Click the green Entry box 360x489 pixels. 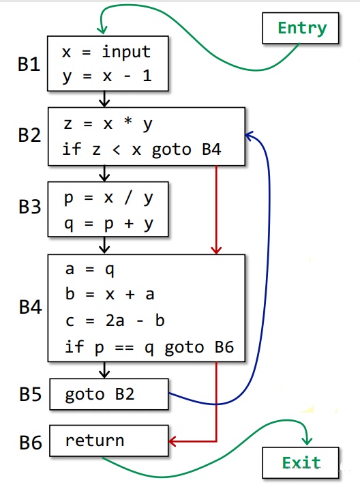click(301, 28)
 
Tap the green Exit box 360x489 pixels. click(301, 463)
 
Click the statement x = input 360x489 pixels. click(106, 52)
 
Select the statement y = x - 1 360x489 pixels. click(106, 77)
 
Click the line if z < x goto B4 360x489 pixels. click(142, 149)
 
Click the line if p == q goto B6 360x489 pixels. click(149, 347)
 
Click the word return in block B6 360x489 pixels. click(95, 441)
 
